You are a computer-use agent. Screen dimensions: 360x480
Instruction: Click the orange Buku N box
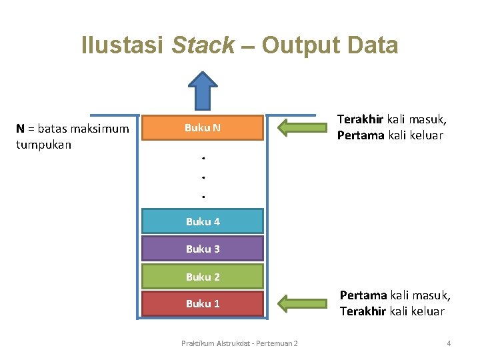203,128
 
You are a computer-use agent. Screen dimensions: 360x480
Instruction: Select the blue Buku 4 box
203,221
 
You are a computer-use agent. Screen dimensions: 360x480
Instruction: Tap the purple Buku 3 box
203,249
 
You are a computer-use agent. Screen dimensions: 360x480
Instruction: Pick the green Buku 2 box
203,277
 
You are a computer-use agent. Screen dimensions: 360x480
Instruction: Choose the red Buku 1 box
203,303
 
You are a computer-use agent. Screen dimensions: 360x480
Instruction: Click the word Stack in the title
203,45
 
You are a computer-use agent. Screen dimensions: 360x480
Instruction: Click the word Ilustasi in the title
123,45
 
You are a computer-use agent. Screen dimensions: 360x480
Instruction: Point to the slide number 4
449,343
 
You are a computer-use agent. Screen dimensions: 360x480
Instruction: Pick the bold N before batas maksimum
21,128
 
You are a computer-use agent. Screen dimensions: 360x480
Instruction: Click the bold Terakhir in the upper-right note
360,119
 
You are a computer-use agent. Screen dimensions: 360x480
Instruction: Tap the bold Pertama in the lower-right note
363,295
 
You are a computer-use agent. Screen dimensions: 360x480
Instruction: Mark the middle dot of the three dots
202,177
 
